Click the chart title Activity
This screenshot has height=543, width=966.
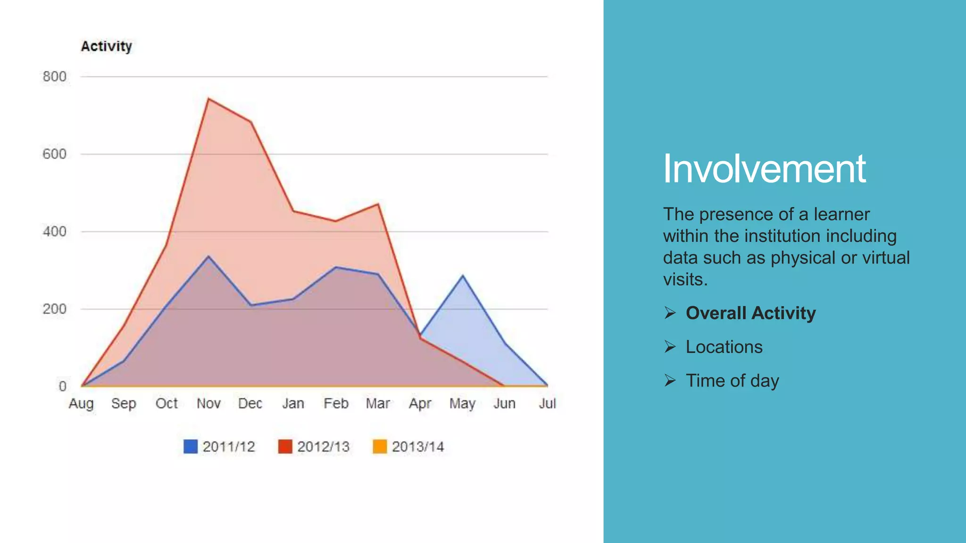pos(106,46)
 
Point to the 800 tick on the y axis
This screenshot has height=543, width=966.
pos(54,76)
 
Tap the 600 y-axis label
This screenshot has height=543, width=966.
pos(54,154)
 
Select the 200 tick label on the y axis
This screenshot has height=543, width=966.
pos(54,309)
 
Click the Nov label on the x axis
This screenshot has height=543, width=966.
pos(208,403)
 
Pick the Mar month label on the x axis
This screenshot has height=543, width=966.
pos(378,403)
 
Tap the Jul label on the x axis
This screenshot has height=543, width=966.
pos(547,403)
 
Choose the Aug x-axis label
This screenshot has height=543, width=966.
pos(81,403)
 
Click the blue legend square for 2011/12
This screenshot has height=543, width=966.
pos(191,446)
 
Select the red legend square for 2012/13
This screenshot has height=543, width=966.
pos(285,446)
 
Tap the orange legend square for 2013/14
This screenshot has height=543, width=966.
pos(380,446)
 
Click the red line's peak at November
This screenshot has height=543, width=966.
pos(208,99)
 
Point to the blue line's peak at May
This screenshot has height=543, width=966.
pos(463,275)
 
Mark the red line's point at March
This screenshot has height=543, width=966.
pos(378,204)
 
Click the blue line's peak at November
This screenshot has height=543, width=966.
pos(208,256)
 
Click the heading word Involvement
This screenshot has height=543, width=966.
pos(764,169)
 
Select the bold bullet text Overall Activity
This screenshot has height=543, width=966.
pos(750,313)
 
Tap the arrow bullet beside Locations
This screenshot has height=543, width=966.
pos(670,347)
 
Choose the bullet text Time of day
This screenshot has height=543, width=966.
pos(732,381)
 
